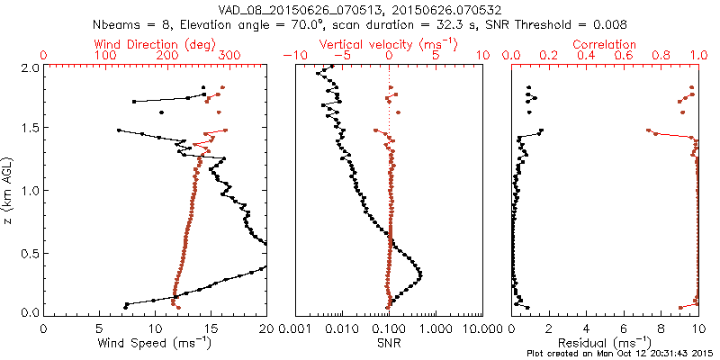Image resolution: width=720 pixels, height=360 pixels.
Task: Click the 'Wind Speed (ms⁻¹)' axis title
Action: click(x=155, y=342)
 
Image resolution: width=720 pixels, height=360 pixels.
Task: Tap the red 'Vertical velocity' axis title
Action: click(x=389, y=44)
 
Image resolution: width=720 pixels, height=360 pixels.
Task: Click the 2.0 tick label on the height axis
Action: click(x=30, y=67)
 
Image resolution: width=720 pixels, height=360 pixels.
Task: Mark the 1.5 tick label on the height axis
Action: click(x=30, y=129)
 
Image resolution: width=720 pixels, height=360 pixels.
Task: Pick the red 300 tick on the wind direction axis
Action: click(x=229, y=56)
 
